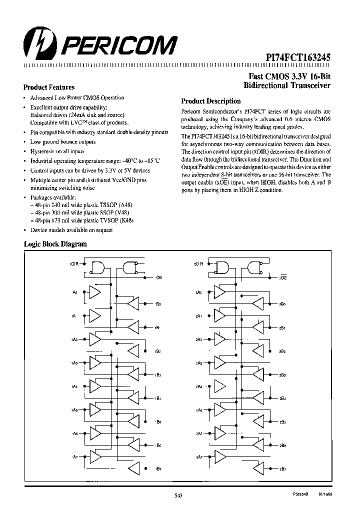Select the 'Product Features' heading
(49, 87)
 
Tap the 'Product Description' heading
(210, 101)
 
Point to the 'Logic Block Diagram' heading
(55, 244)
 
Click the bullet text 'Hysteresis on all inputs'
(57, 151)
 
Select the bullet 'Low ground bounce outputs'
(63, 142)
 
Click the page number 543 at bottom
(179, 495)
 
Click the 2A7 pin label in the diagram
(199, 457)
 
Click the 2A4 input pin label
(199, 386)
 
